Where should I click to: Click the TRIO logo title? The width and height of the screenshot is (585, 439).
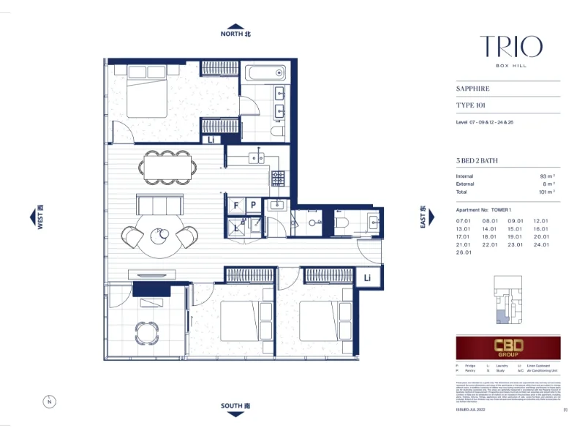[x=511, y=47]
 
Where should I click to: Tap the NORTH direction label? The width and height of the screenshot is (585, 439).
[x=235, y=34]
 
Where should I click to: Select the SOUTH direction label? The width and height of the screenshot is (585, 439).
[x=235, y=405]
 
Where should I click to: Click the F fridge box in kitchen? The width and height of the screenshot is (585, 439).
[x=236, y=206]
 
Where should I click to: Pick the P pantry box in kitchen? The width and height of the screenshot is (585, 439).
[x=253, y=206]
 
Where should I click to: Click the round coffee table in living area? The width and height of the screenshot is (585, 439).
[x=160, y=236]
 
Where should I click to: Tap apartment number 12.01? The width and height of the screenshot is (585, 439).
[x=541, y=220]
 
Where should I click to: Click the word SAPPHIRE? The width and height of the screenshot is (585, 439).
[x=472, y=89]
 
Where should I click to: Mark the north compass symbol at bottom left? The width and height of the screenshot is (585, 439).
[x=48, y=402]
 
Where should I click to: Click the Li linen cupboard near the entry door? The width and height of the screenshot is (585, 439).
[x=367, y=277]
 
